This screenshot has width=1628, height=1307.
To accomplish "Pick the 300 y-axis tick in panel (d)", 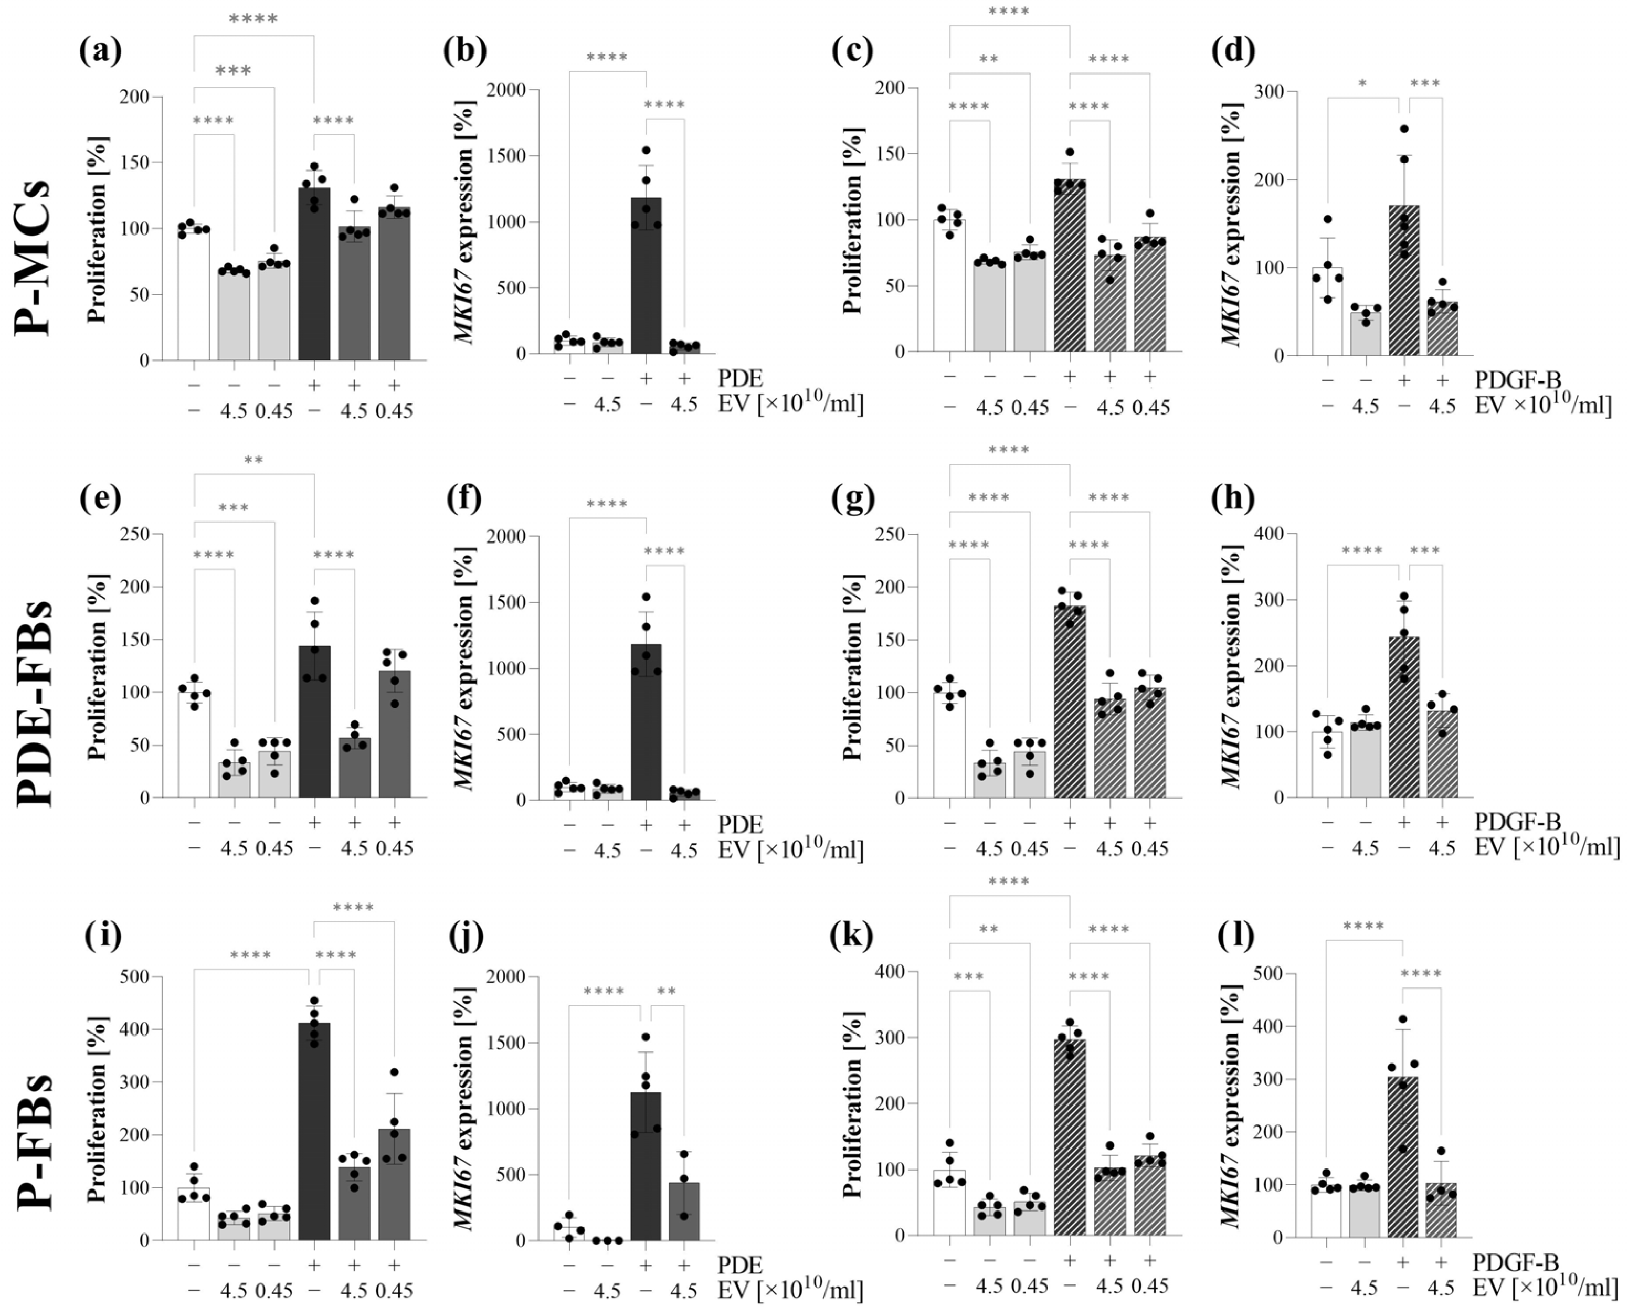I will click(x=1272, y=91).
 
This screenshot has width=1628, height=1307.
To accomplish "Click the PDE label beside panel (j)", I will click(x=739, y=1265).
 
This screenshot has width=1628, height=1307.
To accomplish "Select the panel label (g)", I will click(x=854, y=497).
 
